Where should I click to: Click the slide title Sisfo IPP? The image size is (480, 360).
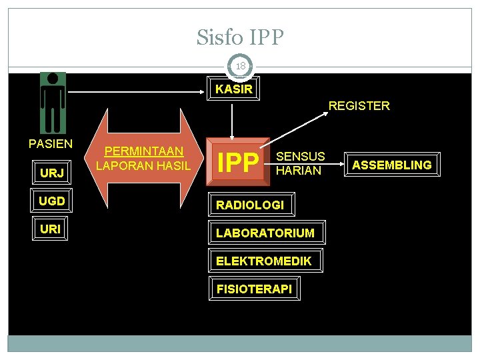pos(240,37)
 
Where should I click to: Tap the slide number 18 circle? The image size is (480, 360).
pos(240,66)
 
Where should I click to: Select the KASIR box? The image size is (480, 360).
pos(234,89)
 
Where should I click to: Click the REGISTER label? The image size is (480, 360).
pos(359,105)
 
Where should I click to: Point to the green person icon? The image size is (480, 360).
pos(52,103)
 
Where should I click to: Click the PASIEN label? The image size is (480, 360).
pos(51,143)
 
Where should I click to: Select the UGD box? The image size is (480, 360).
pos(52,201)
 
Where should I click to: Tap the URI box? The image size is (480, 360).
pos(51,229)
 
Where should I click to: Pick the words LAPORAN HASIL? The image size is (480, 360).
pos(143,165)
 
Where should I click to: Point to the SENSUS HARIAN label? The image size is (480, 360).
pos(300,163)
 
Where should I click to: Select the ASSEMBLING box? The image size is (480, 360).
pos(391,165)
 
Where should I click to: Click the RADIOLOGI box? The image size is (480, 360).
pos(250,205)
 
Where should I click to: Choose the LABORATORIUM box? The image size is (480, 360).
pos(265,233)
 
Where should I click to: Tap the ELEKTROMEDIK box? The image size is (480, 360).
pos(263,261)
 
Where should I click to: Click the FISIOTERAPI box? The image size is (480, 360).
pos(254,289)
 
